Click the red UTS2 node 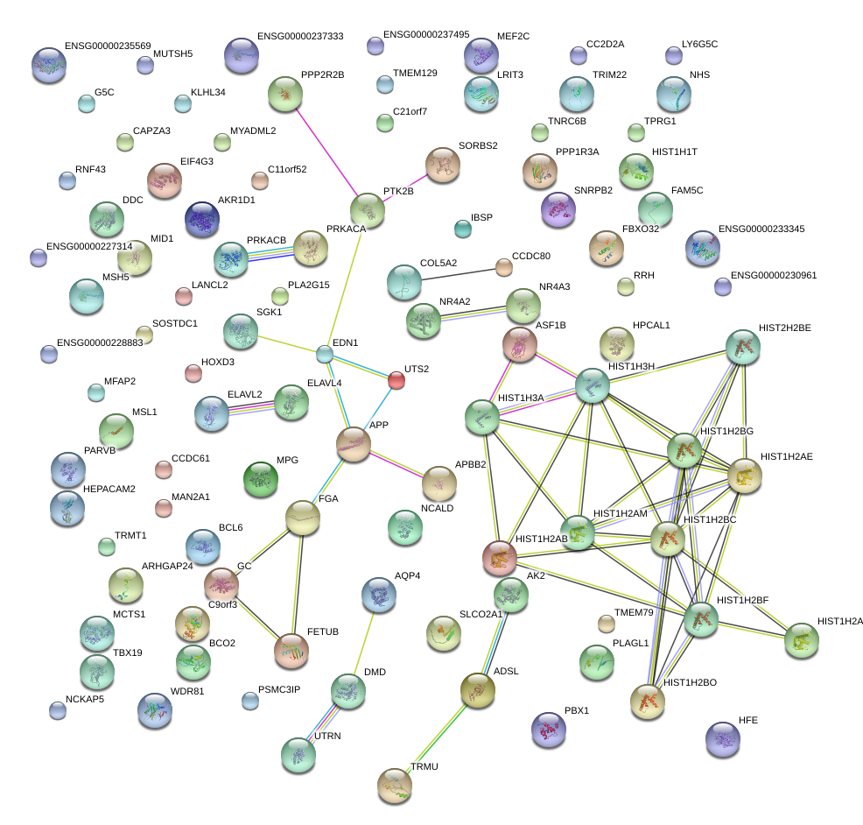pos(396,379)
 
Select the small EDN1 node pos(325,355)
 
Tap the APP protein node pos(354,445)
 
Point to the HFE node pos(723,740)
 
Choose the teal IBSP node pos(463,229)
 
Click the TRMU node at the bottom pos(394,785)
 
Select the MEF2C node pos(481,55)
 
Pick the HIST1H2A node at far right pos(802,641)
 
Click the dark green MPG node pos(260,479)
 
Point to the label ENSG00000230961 pos(773,275)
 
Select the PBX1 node pos(549,730)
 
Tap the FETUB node pos(291,650)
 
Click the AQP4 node pos(379,596)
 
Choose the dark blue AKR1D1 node pos(202,219)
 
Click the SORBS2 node pos(443,164)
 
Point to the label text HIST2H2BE pos(785,328)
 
